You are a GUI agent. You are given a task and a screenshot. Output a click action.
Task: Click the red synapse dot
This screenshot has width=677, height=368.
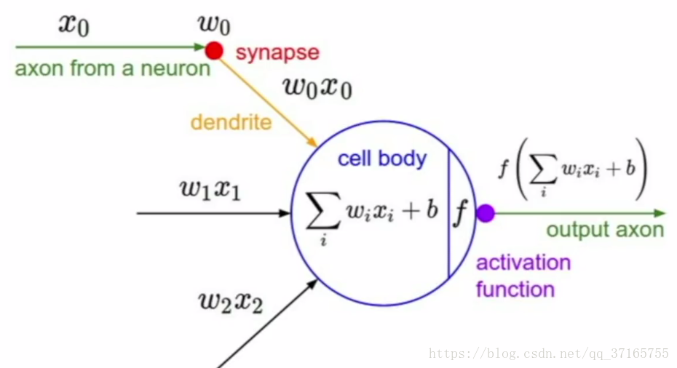(x=214, y=50)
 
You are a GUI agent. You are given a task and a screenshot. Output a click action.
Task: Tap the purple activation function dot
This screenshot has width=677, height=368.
(x=486, y=213)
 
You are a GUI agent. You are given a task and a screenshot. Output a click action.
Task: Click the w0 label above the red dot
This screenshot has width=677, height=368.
(x=214, y=24)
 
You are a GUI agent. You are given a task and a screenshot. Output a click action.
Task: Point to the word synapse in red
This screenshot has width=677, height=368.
(x=277, y=52)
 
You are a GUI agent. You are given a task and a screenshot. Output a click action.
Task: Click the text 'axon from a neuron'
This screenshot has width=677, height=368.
(x=112, y=70)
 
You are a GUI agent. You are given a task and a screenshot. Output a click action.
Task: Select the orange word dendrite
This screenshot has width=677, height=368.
(x=231, y=121)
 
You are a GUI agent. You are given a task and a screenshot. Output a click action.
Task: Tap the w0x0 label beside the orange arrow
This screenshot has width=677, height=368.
(x=317, y=88)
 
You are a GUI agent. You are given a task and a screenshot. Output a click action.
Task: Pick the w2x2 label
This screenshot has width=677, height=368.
(x=231, y=300)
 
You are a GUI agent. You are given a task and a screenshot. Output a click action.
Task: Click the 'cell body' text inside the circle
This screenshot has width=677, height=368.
(x=382, y=159)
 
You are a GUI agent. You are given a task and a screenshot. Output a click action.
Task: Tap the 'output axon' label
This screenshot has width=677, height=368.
(x=605, y=231)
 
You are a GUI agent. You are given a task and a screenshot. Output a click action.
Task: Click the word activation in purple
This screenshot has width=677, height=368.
(x=523, y=263)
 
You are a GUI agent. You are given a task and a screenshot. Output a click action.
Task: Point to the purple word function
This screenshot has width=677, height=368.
(x=515, y=289)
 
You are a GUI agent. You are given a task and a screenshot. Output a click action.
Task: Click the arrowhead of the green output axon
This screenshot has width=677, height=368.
(x=660, y=213)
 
